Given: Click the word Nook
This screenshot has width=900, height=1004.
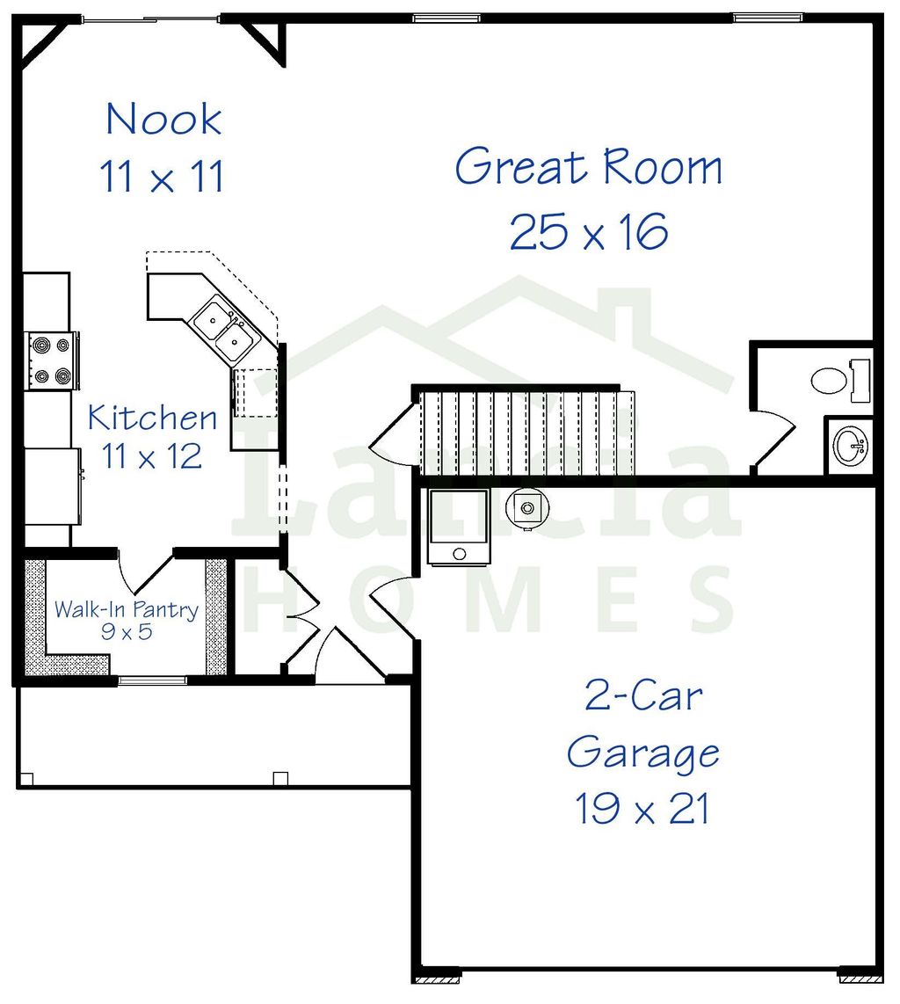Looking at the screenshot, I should click(x=163, y=120).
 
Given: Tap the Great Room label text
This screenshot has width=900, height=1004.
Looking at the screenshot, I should click(x=589, y=167).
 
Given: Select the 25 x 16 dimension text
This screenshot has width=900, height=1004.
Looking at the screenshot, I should click(x=589, y=232).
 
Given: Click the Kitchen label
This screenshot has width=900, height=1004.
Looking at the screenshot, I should click(x=152, y=417).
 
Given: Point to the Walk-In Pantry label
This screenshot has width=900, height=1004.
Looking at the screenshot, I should click(x=127, y=609).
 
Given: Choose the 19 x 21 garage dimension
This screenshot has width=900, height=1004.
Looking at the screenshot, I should click(x=642, y=809).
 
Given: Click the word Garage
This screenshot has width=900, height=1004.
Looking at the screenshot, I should click(x=643, y=753).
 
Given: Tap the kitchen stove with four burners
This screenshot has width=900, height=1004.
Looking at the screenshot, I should click(x=50, y=360).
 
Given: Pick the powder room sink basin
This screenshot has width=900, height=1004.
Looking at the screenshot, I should click(x=850, y=445).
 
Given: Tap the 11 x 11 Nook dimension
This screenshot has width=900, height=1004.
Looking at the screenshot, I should click(x=163, y=177).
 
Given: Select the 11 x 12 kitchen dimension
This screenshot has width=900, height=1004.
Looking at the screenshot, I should click(x=152, y=455).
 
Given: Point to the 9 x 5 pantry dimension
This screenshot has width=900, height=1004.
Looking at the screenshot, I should click(x=127, y=631).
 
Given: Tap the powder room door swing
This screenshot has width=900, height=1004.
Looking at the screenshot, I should click(x=773, y=438).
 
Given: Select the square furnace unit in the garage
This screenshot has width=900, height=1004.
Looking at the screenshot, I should click(x=458, y=526).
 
